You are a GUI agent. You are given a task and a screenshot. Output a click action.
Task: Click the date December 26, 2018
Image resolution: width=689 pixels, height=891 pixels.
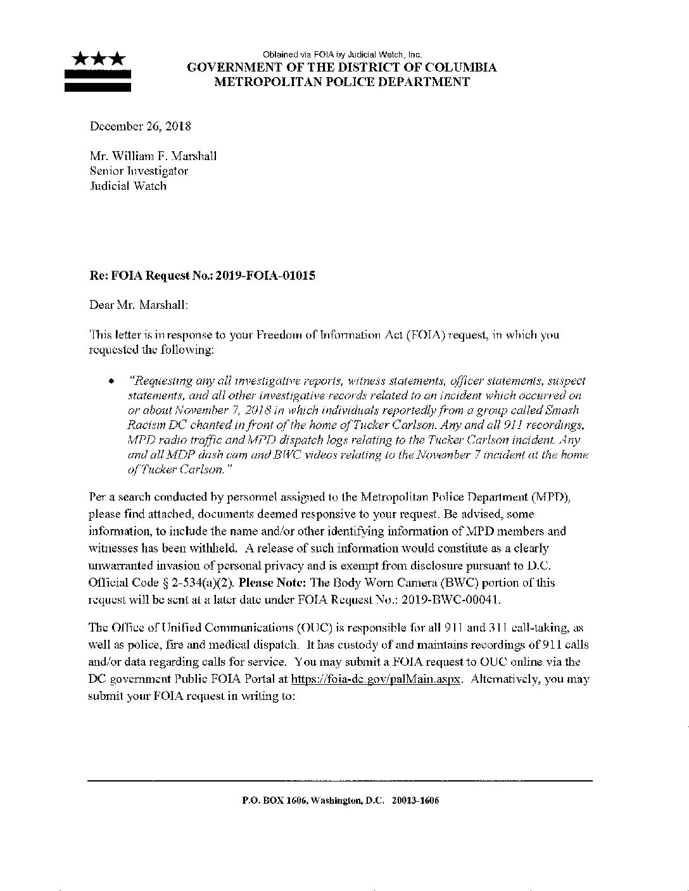pyautogui.click(x=140, y=126)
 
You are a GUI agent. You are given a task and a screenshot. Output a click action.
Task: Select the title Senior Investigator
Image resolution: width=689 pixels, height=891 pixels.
pyautogui.click(x=139, y=171)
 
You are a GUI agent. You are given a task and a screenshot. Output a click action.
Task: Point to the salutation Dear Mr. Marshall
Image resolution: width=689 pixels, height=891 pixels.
pyautogui.click(x=138, y=305)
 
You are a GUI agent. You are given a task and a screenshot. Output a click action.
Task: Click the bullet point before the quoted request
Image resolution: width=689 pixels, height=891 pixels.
pyautogui.click(x=111, y=382)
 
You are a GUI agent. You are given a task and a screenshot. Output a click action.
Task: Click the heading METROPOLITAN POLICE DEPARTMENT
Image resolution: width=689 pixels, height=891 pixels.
pyautogui.click(x=342, y=82)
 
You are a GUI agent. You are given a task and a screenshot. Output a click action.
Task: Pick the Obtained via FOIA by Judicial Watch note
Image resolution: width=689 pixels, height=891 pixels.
pyautogui.click(x=342, y=55)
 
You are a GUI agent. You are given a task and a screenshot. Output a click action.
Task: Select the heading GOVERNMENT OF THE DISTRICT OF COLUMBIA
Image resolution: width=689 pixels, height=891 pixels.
pyautogui.click(x=342, y=68)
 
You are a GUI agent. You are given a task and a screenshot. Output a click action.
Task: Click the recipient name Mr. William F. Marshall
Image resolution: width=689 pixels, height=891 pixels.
pyautogui.click(x=153, y=156)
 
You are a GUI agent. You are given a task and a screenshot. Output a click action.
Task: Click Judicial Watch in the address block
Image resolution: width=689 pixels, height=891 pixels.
pyautogui.click(x=127, y=186)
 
